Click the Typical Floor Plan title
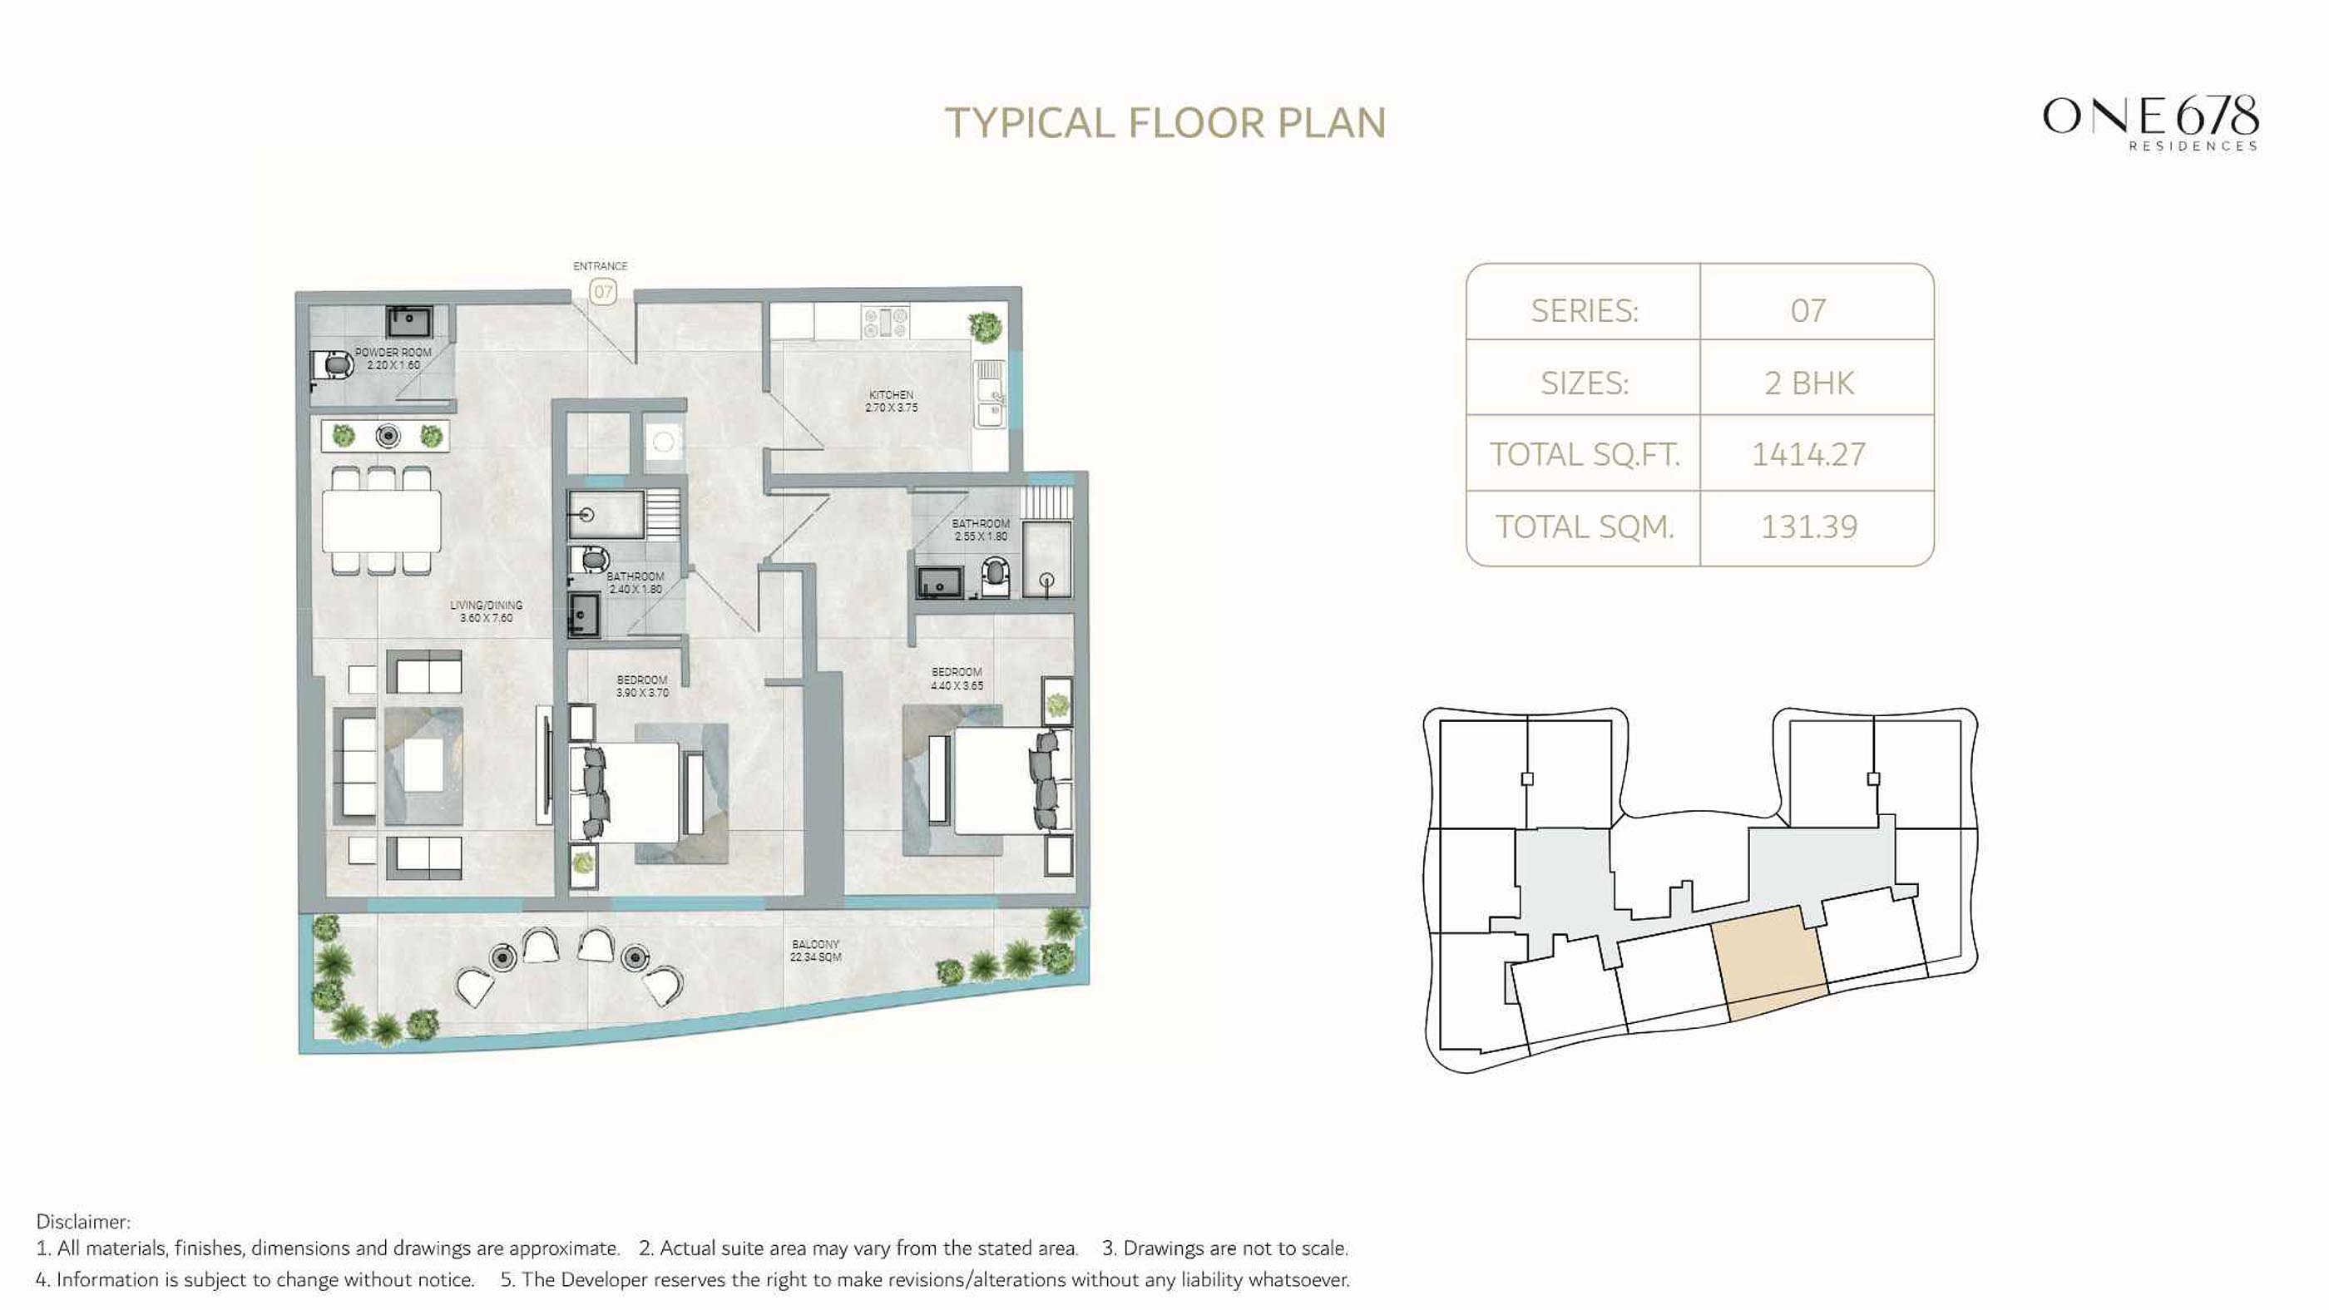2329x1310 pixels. click(1164, 124)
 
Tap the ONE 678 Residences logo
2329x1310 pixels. click(2151, 123)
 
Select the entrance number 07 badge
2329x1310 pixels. click(603, 292)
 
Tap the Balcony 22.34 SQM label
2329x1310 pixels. click(815, 950)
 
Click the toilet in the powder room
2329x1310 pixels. click(332, 365)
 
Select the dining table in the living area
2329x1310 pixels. click(382, 520)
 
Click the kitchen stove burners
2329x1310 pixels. click(885, 321)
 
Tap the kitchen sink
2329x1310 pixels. click(989, 394)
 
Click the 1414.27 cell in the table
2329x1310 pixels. click(1808, 454)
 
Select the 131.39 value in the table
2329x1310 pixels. click(1808, 526)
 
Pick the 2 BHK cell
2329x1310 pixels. click(1808, 383)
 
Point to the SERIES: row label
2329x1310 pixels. click(1584, 311)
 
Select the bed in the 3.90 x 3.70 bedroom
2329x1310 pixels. click(624, 793)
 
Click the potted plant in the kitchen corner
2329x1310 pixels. click(986, 325)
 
